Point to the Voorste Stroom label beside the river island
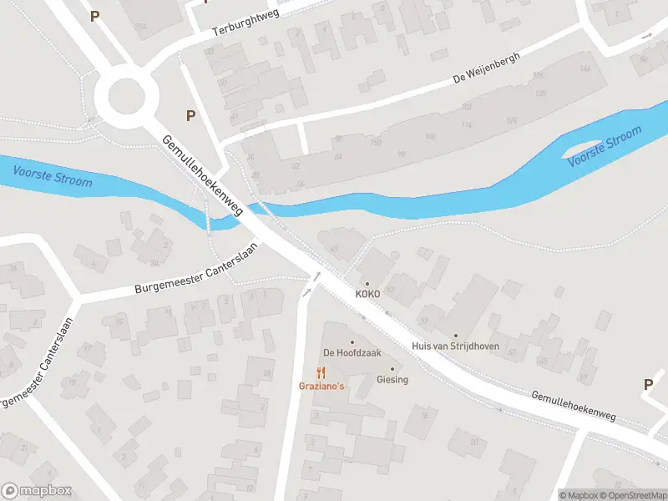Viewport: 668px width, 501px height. pos(605,145)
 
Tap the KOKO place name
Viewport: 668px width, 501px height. pos(367,295)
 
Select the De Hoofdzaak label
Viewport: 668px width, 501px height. pos(352,352)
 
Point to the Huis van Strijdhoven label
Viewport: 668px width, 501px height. pos(456,346)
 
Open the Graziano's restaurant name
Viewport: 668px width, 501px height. pos(321,386)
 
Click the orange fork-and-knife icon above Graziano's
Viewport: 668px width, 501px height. pos(321,372)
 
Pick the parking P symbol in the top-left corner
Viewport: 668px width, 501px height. pos(94,15)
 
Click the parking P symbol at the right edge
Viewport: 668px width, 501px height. pos(648,384)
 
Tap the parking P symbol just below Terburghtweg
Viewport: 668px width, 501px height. pos(191,116)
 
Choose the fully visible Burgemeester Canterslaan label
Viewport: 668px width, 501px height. pos(198,268)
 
